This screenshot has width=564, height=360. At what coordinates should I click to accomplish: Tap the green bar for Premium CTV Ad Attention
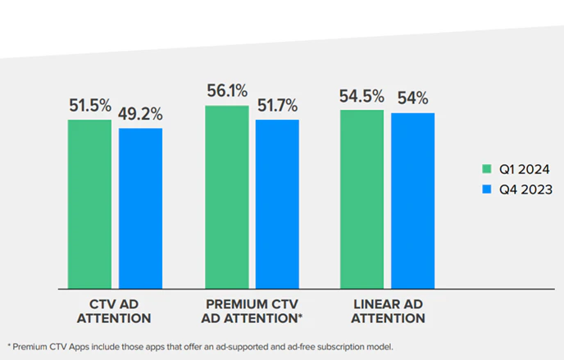pos(226,197)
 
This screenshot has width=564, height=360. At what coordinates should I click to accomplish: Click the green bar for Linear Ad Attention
pos(362,198)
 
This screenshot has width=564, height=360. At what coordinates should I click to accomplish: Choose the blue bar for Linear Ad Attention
pos(412,200)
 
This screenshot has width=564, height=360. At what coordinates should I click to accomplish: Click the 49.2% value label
pos(139,114)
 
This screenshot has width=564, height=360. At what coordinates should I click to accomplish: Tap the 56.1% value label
pos(227,92)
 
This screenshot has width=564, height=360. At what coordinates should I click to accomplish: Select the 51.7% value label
pos(277,106)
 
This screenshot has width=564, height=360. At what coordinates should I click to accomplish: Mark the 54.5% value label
pos(362,96)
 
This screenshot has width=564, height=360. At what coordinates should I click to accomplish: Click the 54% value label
pos(412,98)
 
